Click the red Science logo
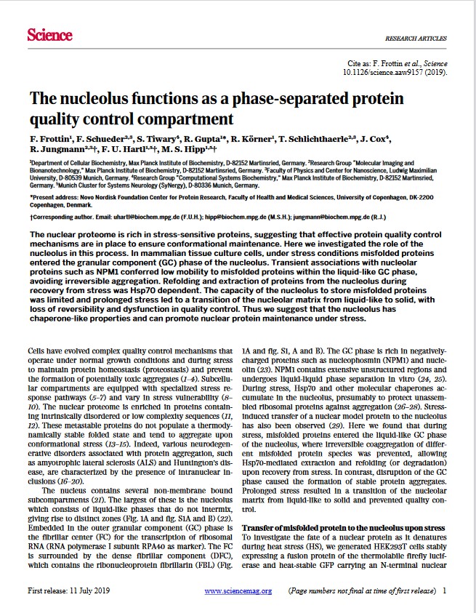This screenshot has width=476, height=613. point(49,35)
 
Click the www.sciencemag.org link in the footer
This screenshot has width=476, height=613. point(238,590)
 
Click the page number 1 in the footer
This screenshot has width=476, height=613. point(444,590)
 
